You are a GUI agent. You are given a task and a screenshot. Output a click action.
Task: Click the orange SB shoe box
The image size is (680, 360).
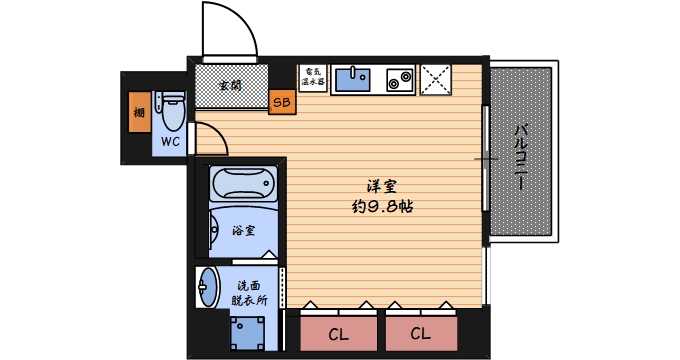pos(282,102)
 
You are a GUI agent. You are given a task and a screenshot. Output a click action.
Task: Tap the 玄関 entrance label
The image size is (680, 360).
pos(230,85)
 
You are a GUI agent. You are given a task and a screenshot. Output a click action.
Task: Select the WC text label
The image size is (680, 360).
pos(170,142)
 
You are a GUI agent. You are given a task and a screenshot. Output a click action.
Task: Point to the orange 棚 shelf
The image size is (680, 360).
pos(138,112)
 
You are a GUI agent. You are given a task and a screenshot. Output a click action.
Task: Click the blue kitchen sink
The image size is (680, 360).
pos(352,78)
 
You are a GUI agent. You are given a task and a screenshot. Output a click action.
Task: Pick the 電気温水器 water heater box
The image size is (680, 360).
pos(313,78)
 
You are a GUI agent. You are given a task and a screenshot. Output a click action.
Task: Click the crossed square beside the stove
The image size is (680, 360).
pos(436,78)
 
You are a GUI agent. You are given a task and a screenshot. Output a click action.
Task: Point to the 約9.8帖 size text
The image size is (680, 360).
pos(383,207)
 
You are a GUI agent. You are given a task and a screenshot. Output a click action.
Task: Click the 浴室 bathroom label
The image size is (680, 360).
pos(243,231)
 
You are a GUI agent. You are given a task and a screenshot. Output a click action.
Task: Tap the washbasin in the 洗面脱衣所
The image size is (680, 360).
pos(207,289)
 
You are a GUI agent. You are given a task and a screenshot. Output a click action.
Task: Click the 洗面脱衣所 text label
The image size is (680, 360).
pos(248,292)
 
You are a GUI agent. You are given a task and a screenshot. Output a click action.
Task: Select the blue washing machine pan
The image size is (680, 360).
pos(248,330)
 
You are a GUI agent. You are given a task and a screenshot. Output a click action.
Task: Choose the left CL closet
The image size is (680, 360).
pos(339,333)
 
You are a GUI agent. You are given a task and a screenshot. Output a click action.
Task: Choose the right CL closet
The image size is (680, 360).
pos(419,333)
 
